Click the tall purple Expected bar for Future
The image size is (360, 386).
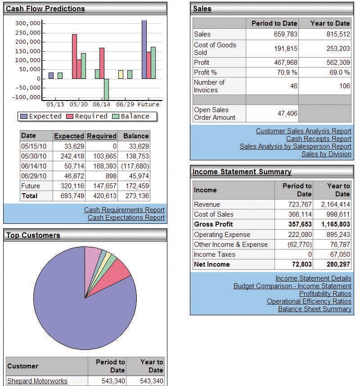[x=144, y=50]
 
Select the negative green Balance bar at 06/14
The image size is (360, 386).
[x=107, y=89]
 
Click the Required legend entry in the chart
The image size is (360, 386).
[x=87, y=116]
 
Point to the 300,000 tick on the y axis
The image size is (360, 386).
[x=28, y=23]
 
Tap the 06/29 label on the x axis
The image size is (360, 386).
[x=125, y=104]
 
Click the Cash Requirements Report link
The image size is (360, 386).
[x=124, y=210]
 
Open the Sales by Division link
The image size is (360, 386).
[x=326, y=154]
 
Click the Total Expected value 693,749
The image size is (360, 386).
[x=72, y=196]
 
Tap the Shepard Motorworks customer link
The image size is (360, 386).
[x=37, y=381]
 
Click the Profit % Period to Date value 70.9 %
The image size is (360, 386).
[x=287, y=73]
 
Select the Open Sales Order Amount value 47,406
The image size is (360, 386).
[x=288, y=114]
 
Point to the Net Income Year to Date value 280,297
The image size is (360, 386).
[x=338, y=264]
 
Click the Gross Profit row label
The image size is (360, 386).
[x=213, y=224]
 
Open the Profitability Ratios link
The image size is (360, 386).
[x=325, y=293]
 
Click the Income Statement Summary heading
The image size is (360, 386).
[x=242, y=172]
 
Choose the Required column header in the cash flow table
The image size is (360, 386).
[x=102, y=136]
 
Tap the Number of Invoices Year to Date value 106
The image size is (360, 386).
[x=345, y=86]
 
